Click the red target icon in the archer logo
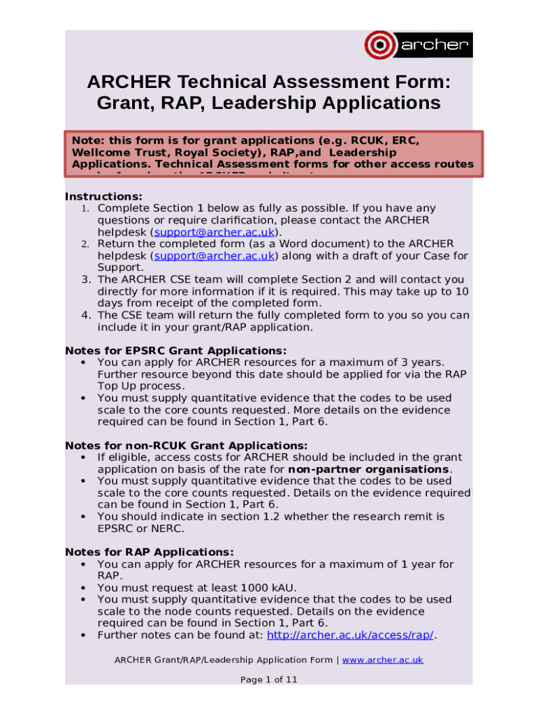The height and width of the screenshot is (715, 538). coord(380,45)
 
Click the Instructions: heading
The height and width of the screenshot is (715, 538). coord(103,196)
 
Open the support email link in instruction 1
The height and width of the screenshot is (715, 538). coord(214,232)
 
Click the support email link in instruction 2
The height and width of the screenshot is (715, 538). coord(214,256)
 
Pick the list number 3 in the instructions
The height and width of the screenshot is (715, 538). coord(84,279)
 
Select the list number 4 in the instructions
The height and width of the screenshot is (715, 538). coord(84,315)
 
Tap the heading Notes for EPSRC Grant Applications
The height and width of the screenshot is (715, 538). coord(175,351)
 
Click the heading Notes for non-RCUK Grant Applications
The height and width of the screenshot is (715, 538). coord(186,445)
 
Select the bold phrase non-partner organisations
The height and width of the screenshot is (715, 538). coord(369,469)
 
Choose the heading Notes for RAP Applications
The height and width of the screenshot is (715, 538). coord(150,552)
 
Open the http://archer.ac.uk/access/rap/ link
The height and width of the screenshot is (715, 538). coord(351,635)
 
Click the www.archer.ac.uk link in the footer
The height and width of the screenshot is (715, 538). coord(382,660)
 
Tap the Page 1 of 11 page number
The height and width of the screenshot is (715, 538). coord(269,679)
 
